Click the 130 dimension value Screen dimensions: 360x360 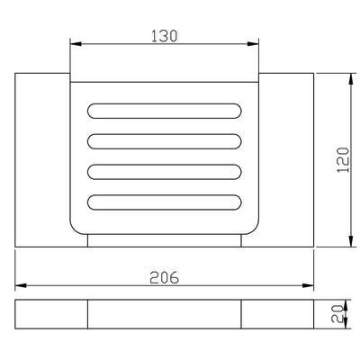tap(164, 36)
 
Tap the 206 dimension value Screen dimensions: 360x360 tap(164, 277)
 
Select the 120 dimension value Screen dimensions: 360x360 tap(344, 159)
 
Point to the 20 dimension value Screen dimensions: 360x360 tap(337, 314)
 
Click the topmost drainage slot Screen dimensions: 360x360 tap(165, 111)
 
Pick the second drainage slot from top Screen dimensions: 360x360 tap(165, 141)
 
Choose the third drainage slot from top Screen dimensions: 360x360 tap(165, 172)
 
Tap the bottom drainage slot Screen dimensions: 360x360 tap(165, 202)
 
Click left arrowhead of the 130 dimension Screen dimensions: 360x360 tap(76, 44)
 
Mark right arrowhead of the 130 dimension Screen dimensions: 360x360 tap(253, 44)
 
